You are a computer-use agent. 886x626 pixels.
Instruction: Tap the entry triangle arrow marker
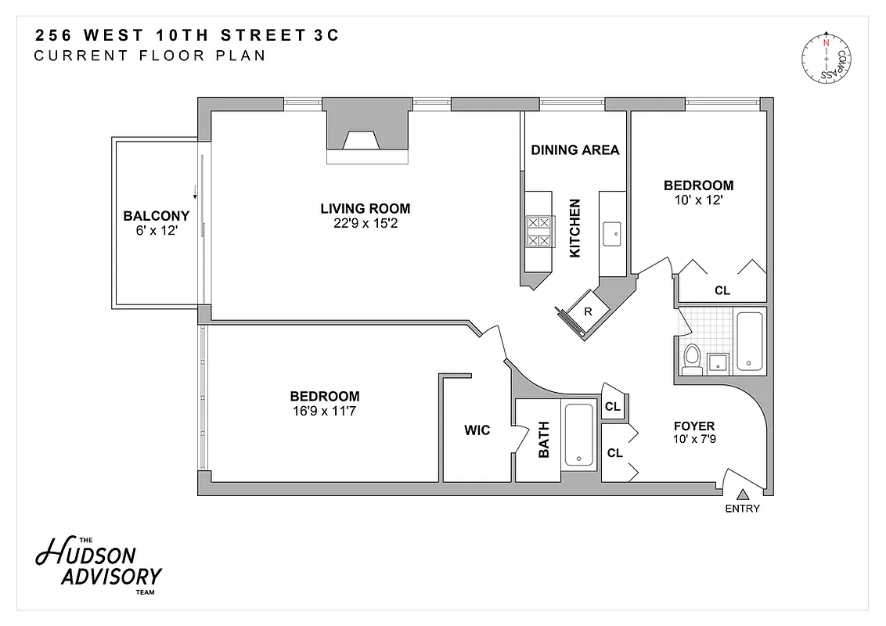coord(743,494)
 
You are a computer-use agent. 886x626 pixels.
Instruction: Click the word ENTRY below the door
coord(742,509)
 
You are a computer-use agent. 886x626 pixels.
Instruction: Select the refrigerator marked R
coord(587,311)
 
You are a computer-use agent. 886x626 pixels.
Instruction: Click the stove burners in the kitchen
coord(538,232)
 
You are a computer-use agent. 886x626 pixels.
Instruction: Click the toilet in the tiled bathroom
coord(691,358)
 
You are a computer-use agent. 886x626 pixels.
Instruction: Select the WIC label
coord(477,430)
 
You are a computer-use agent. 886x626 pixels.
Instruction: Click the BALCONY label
coord(157,216)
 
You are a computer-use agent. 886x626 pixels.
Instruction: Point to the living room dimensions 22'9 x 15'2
coord(365,223)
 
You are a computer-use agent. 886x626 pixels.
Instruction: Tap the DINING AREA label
coord(575,150)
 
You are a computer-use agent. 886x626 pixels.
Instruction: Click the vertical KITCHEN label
coord(575,228)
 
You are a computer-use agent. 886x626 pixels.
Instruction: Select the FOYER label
coord(693,426)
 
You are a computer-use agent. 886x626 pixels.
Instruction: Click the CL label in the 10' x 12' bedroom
coord(722,290)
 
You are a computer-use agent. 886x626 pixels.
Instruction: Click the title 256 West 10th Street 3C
coord(188,35)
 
